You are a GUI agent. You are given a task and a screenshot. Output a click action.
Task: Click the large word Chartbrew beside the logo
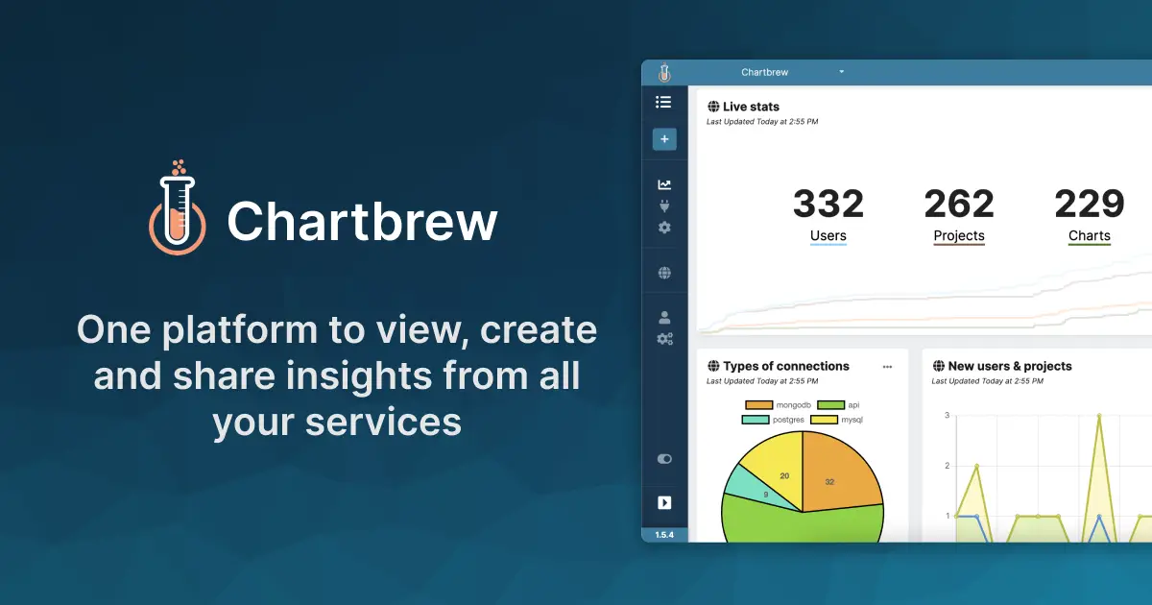[362, 220]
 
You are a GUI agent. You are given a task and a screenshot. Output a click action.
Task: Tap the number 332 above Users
[828, 204]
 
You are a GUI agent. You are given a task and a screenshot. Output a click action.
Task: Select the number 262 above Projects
[958, 204]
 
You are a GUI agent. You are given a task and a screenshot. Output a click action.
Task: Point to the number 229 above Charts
[1089, 204]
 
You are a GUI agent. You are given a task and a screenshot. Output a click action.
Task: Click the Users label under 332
[828, 235]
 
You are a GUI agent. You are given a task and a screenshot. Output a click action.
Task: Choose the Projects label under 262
[958, 235]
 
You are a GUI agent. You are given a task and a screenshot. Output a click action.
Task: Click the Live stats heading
[750, 107]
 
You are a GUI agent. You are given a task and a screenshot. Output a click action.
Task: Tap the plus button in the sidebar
[664, 139]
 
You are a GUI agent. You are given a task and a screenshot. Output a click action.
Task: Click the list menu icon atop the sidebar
[663, 102]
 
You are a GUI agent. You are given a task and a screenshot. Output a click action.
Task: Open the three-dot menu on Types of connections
[887, 367]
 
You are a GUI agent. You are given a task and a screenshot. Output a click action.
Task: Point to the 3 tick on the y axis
[947, 416]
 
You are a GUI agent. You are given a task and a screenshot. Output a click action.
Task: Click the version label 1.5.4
[664, 535]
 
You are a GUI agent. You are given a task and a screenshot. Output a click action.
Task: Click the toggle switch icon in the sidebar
[664, 459]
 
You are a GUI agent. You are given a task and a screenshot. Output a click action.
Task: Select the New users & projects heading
[1009, 366]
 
